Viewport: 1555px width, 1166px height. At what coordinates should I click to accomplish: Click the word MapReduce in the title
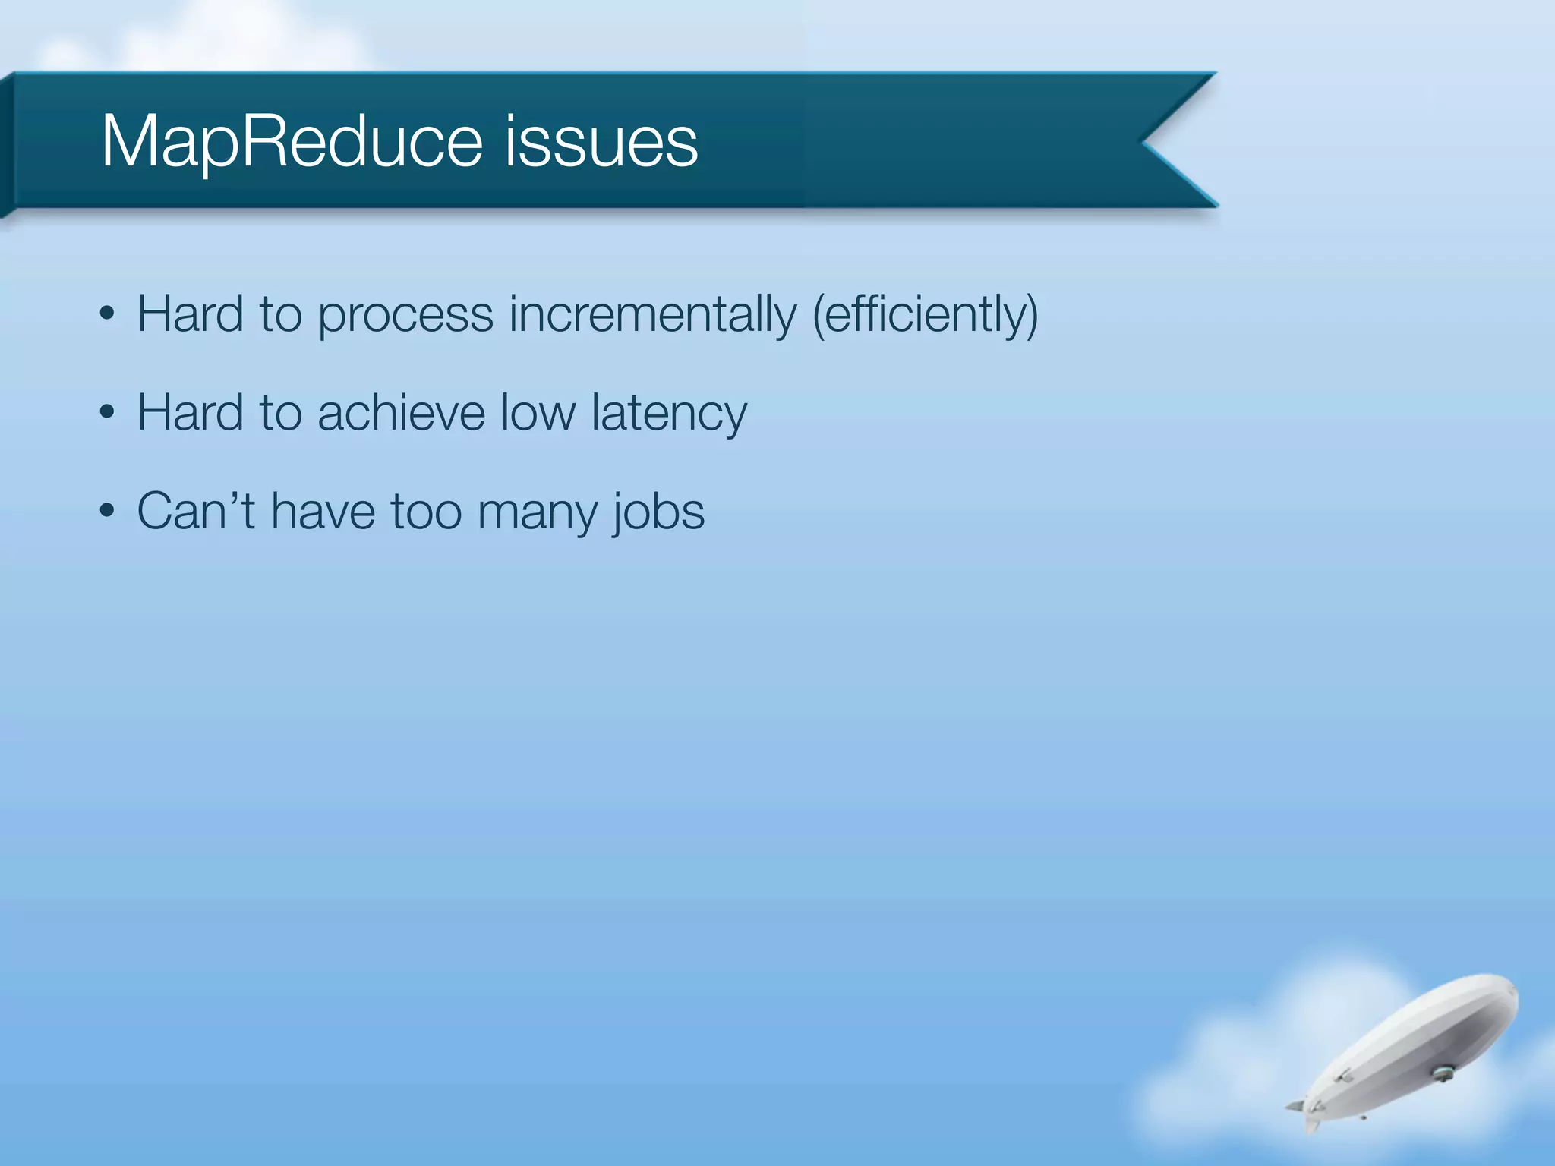292,142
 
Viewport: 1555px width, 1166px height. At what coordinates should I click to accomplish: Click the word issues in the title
601,142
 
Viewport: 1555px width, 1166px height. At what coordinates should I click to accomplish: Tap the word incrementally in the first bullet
652,314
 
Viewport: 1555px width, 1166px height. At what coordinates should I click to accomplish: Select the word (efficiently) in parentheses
925,314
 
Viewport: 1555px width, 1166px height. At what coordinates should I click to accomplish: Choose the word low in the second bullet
538,413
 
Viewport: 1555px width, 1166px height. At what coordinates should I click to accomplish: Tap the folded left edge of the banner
7,144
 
